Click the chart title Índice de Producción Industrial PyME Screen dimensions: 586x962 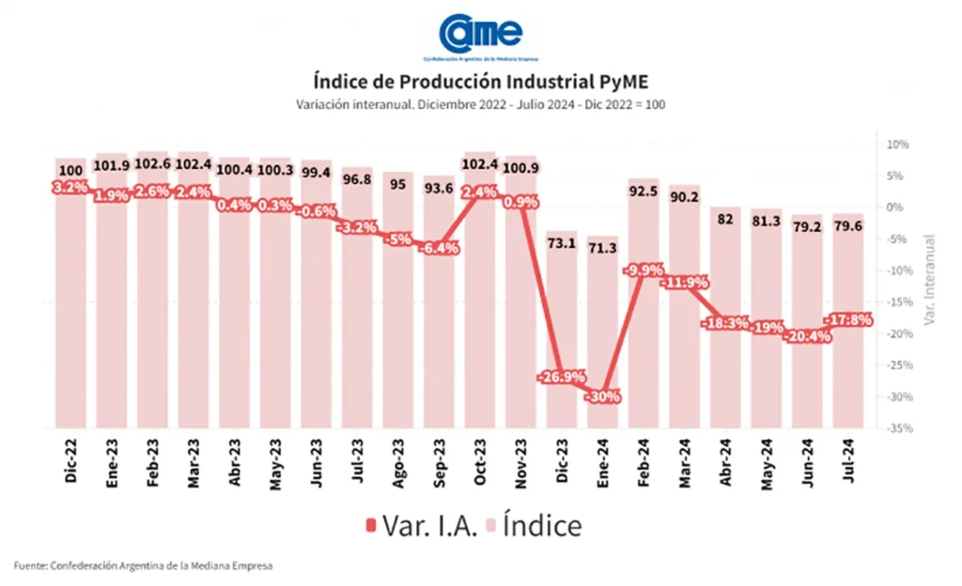pyautogui.click(x=480, y=82)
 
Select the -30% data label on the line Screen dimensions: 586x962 pyautogui.click(x=601, y=396)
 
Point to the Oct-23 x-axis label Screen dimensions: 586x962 pyautogui.click(x=479, y=461)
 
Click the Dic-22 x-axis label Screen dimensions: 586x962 pyautogui.click(x=71, y=461)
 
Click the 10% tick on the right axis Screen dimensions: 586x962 pyautogui.click(x=897, y=145)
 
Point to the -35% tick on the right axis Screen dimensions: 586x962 pyautogui.click(x=895, y=428)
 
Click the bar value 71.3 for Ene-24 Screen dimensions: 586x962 pyautogui.click(x=601, y=248)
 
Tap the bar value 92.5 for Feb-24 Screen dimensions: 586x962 pyautogui.click(x=643, y=192)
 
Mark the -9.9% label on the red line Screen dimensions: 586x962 pyautogui.click(x=643, y=270)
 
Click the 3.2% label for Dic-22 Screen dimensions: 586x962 pyautogui.click(x=70, y=187)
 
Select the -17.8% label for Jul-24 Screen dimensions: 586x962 pyautogui.click(x=849, y=320)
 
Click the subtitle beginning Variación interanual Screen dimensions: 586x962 pyautogui.click(x=480, y=104)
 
